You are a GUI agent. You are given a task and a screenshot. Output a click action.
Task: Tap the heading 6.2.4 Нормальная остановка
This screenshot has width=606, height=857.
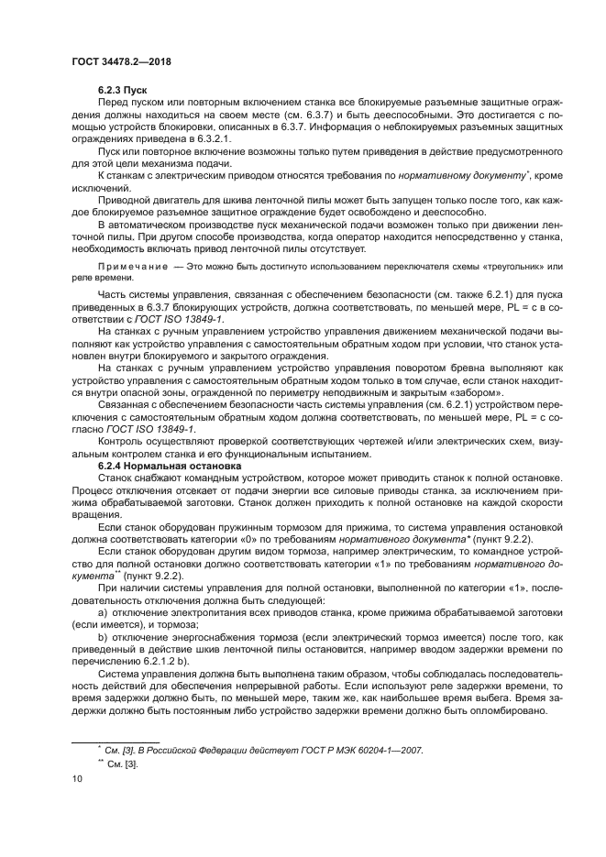[169, 466]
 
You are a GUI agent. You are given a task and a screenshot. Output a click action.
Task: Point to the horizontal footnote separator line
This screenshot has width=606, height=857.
[115, 739]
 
